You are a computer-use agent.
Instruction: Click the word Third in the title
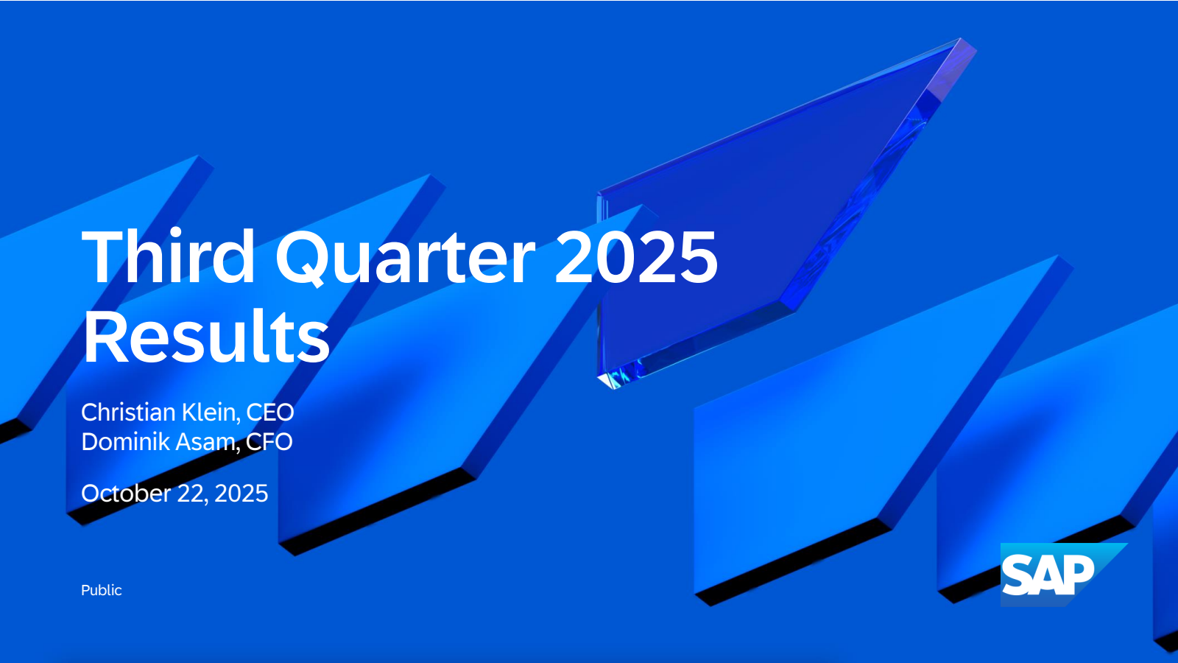[169, 257]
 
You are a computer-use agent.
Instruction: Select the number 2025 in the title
[636, 257]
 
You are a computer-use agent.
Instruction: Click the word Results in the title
[206, 336]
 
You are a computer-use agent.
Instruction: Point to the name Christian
[129, 412]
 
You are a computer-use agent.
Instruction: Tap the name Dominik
[126, 441]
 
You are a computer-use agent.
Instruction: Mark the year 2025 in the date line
[241, 494]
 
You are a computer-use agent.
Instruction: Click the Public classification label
[102, 590]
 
